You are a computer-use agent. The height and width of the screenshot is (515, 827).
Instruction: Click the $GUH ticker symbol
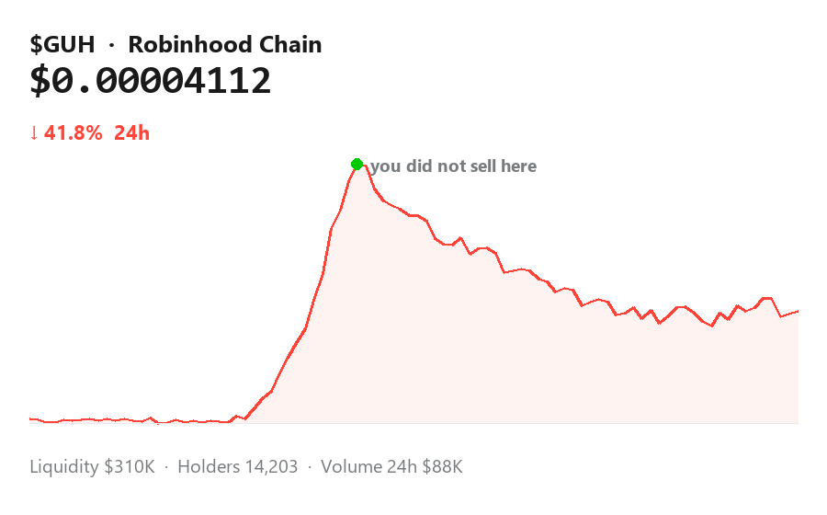(62, 44)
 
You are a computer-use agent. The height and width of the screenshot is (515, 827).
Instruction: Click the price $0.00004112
(151, 81)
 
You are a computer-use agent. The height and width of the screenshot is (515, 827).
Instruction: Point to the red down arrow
(34, 133)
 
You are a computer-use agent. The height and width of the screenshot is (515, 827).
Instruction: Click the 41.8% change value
(74, 133)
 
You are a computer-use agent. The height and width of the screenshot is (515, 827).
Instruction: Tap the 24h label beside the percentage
(131, 133)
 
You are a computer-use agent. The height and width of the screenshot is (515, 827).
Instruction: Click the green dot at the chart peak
(357, 164)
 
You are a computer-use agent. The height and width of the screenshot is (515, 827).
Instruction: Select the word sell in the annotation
(483, 166)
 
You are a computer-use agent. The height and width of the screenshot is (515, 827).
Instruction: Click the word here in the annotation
(519, 166)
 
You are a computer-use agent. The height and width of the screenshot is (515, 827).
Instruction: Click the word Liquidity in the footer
(63, 467)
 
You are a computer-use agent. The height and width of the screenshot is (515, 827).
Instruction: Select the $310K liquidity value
(130, 467)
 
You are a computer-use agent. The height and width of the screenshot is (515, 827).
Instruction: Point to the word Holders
(209, 467)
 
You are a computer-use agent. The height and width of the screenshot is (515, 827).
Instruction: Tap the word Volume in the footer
(351, 467)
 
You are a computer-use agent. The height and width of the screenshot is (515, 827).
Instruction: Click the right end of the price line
(798, 312)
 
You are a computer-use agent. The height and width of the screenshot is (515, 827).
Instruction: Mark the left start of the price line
(30, 419)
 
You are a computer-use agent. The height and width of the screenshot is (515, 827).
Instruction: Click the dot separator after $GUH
(111, 45)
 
